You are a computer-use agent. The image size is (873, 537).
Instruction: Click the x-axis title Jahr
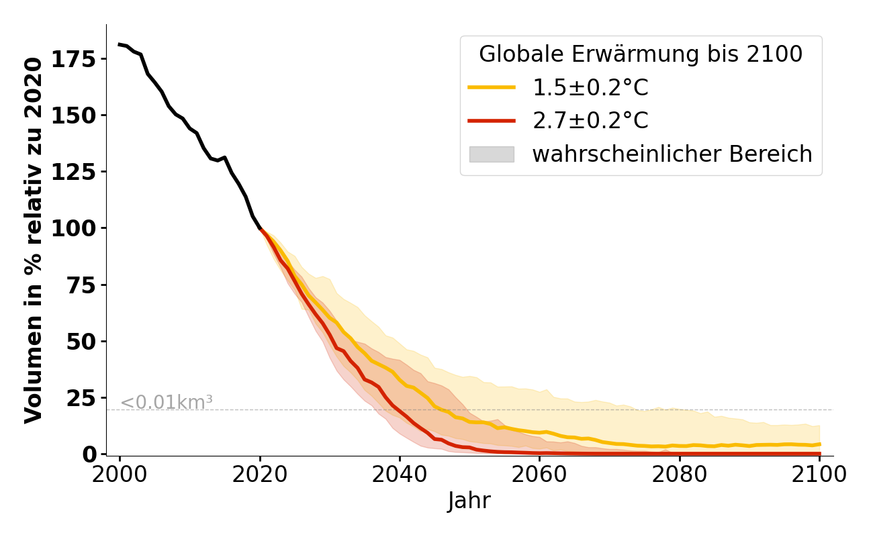point(469,501)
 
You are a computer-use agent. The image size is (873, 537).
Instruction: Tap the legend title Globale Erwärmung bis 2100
point(641,54)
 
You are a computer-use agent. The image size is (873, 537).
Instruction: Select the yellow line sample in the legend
point(492,87)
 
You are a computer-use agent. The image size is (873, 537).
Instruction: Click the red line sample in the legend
point(492,121)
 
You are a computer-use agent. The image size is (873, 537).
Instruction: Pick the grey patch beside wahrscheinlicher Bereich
point(492,154)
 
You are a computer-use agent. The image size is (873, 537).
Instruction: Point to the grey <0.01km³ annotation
point(167,403)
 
